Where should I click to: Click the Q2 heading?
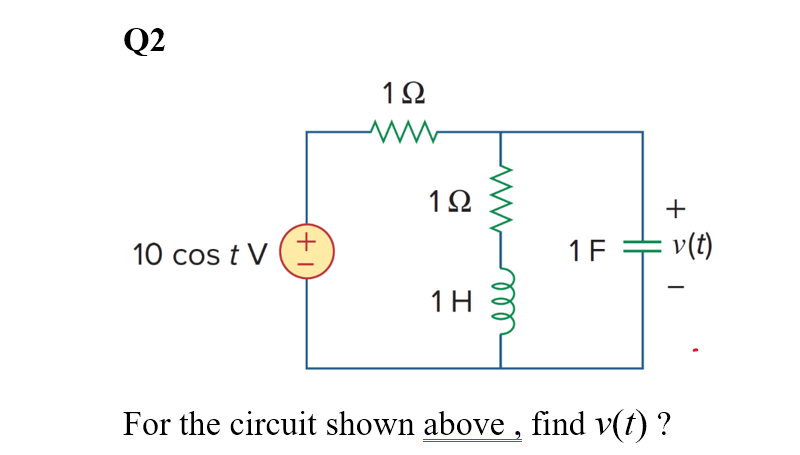(145, 40)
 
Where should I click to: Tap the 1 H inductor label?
(449, 300)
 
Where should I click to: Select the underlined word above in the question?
(465, 424)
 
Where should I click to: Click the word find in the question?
(557, 424)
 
